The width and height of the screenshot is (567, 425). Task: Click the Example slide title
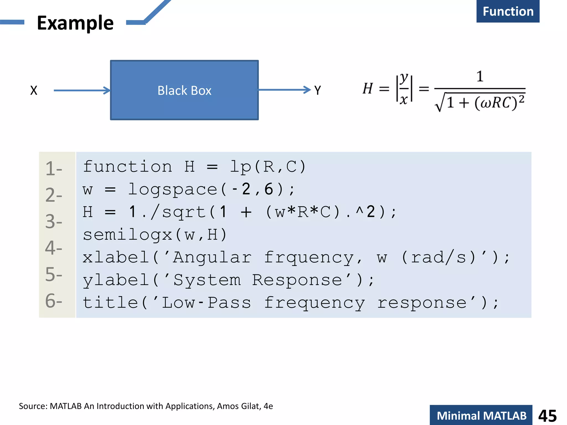click(75, 23)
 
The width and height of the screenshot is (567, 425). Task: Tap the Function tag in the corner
click(508, 11)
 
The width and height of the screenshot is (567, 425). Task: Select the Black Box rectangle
click(184, 90)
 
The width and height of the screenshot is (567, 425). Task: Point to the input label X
click(33, 90)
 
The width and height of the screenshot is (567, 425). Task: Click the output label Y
click(318, 90)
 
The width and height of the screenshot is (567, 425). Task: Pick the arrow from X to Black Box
click(82, 90)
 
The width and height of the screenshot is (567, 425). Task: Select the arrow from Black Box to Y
click(284, 90)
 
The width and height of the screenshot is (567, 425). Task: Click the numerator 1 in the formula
click(480, 76)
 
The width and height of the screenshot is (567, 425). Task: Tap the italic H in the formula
click(368, 89)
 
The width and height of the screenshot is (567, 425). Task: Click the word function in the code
click(128, 167)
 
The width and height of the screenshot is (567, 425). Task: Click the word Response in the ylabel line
click(297, 280)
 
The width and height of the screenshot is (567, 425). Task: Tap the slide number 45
click(547, 416)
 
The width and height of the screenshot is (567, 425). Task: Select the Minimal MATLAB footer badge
click(481, 416)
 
